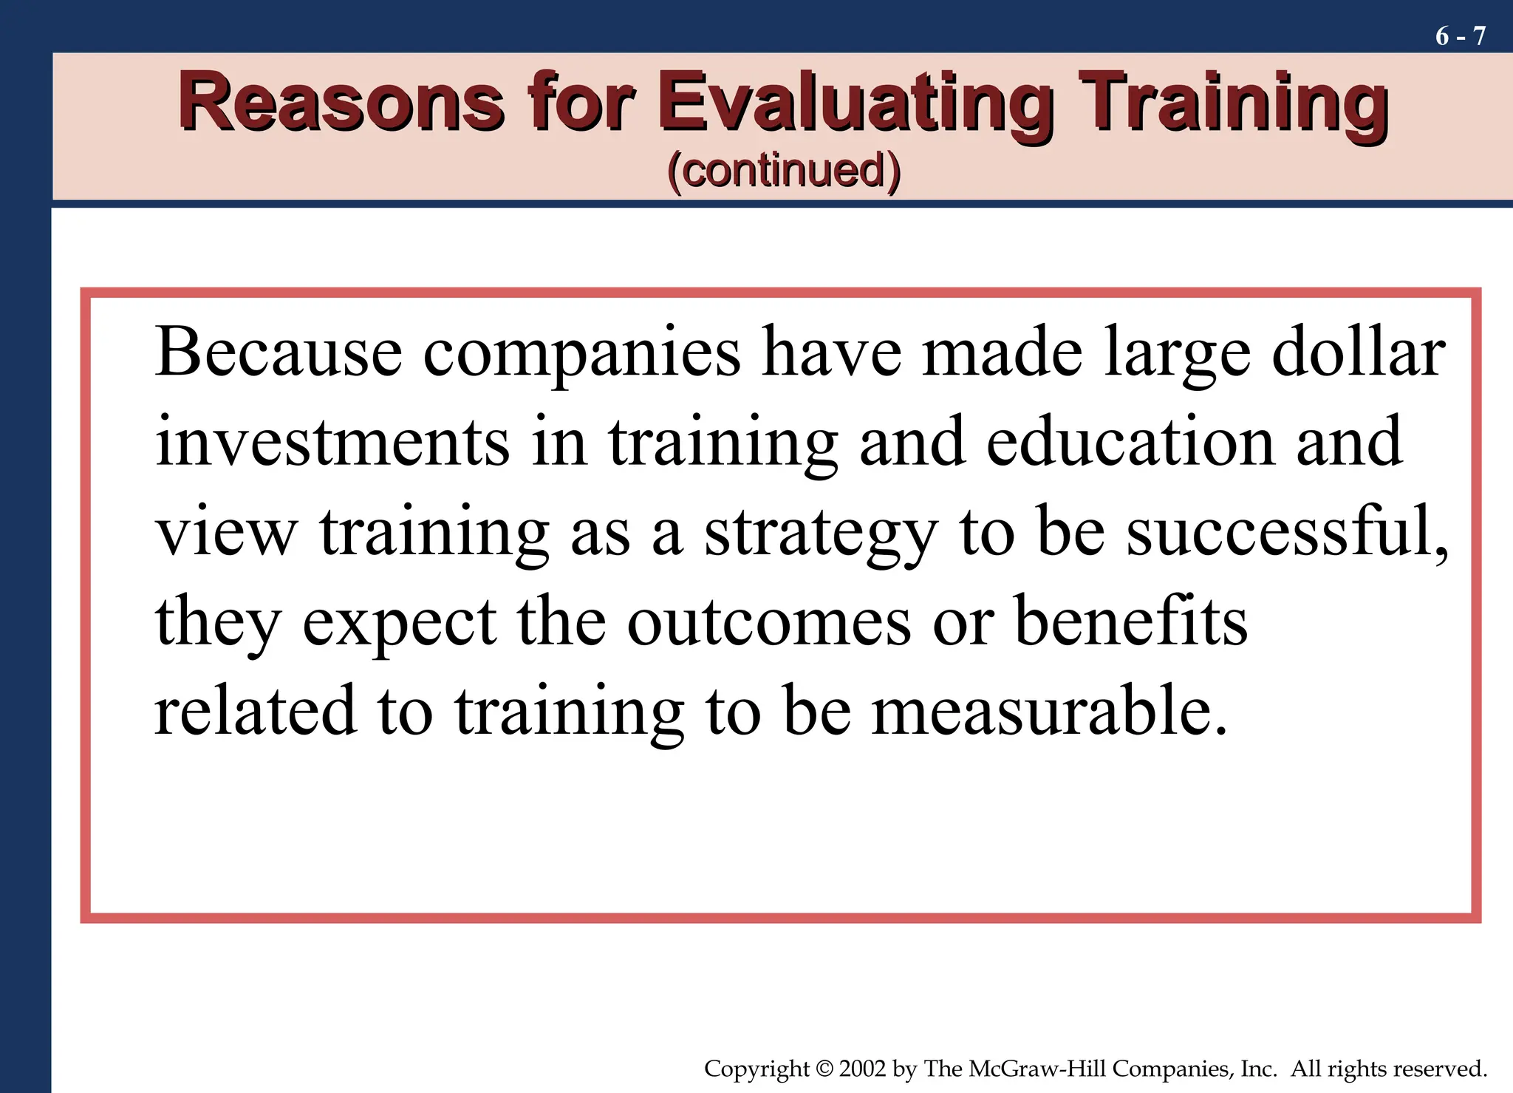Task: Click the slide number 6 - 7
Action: pyautogui.click(x=1460, y=36)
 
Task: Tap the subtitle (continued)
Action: pyautogui.click(x=784, y=171)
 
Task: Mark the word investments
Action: pyautogui.click(x=332, y=441)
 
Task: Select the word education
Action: pyautogui.click(x=1130, y=441)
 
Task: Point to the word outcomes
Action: pyautogui.click(x=769, y=622)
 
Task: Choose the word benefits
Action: pyautogui.click(x=1131, y=620)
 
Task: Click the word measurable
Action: pyautogui.click(x=1049, y=710)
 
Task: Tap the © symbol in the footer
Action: pyautogui.click(x=824, y=1069)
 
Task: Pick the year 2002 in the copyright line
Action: pyautogui.click(x=863, y=1069)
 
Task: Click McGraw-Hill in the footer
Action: pyautogui.click(x=1036, y=1069)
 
